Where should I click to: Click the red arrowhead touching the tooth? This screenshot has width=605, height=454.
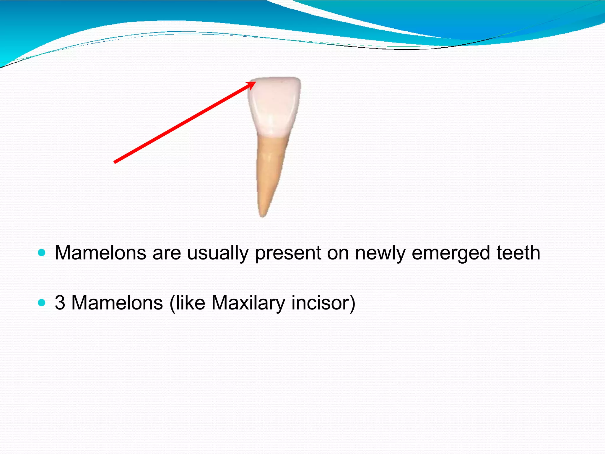click(x=252, y=85)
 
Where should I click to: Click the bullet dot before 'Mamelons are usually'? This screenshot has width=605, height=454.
click(x=42, y=253)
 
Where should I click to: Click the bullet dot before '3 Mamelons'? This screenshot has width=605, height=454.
click(x=42, y=303)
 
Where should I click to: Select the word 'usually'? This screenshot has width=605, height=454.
click(x=218, y=254)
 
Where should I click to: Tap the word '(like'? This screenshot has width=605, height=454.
click(x=187, y=303)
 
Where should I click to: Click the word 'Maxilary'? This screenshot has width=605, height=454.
click(x=248, y=303)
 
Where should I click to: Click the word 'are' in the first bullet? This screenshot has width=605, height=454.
click(x=167, y=254)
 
